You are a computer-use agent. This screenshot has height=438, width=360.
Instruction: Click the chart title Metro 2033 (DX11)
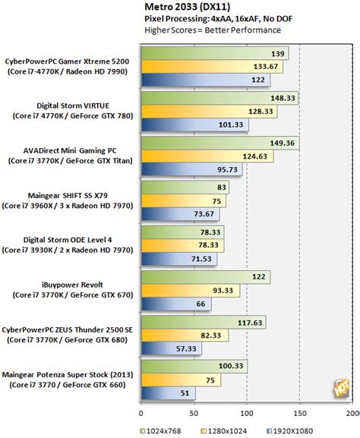coord(182,7)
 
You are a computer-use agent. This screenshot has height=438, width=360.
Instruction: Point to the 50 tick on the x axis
coord(194,414)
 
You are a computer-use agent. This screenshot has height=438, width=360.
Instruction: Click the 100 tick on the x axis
coord(247,414)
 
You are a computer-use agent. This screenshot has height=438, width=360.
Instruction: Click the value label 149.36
coord(285,143)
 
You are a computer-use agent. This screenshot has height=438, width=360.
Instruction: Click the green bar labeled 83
coord(182,187)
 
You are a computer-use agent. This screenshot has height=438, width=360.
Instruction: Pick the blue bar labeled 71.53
coord(178,259)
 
